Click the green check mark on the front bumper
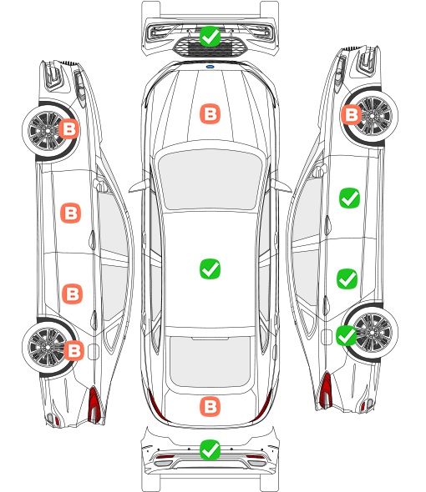pyautogui.click(x=210, y=37)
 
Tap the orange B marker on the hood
pyautogui.click(x=210, y=113)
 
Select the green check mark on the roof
pyautogui.click(x=210, y=269)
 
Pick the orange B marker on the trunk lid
pyautogui.click(x=210, y=407)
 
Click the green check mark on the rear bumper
pyautogui.click(x=210, y=450)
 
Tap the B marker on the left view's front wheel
pyautogui.click(x=69, y=128)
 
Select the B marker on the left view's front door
pyautogui.click(x=71, y=213)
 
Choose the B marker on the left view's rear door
pyautogui.click(x=73, y=294)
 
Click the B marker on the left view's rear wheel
pyautogui.click(x=74, y=350)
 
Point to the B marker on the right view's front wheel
pyautogui.click(x=351, y=114)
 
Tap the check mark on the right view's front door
pyautogui.click(x=350, y=198)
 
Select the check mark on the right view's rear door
pyautogui.click(x=347, y=279)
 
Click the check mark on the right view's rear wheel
pyautogui.click(x=347, y=336)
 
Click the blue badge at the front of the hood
pyautogui.click(x=210, y=67)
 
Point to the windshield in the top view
pyautogui.click(x=210, y=178)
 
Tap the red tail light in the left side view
pyautogui.click(x=94, y=404)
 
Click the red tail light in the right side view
pyautogui.click(x=326, y=390)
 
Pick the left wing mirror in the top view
pyautogui.click(x=139, y=186)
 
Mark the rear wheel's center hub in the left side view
pyautogui.click(x=47, y=347)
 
